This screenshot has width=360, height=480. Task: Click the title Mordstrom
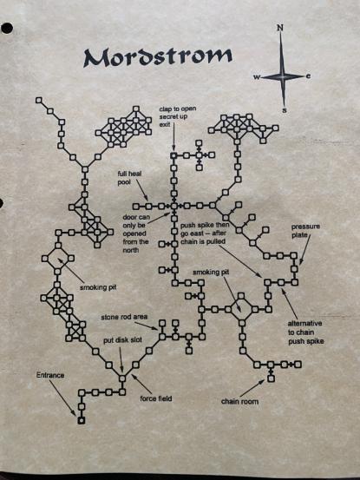coord(158,57)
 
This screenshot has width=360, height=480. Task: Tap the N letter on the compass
coord(280,28)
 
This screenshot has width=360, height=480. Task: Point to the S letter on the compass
coord(285,110)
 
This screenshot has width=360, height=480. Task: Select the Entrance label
coord(50,375)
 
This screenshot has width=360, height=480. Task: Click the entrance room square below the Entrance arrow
coord(81,421)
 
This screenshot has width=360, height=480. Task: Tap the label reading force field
coord(156,398)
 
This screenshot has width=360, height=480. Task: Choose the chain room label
coord(239,401)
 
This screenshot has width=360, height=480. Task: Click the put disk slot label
coord(122,340)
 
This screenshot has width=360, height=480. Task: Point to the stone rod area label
coord(124,317)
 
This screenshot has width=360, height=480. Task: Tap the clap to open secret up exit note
coord(178,116)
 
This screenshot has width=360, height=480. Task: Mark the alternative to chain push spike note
coord(305,332)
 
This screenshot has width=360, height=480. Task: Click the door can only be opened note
coord(136,233)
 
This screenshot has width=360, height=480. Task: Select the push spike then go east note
coord(205,233)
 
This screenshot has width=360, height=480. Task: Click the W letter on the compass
coord(256,77)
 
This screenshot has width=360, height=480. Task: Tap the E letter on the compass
coord(308,76)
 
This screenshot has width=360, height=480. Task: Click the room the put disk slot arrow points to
coord(122,378)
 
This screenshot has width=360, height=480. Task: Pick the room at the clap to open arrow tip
coord(173,155)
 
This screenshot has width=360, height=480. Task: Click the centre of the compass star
coord(283,76)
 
